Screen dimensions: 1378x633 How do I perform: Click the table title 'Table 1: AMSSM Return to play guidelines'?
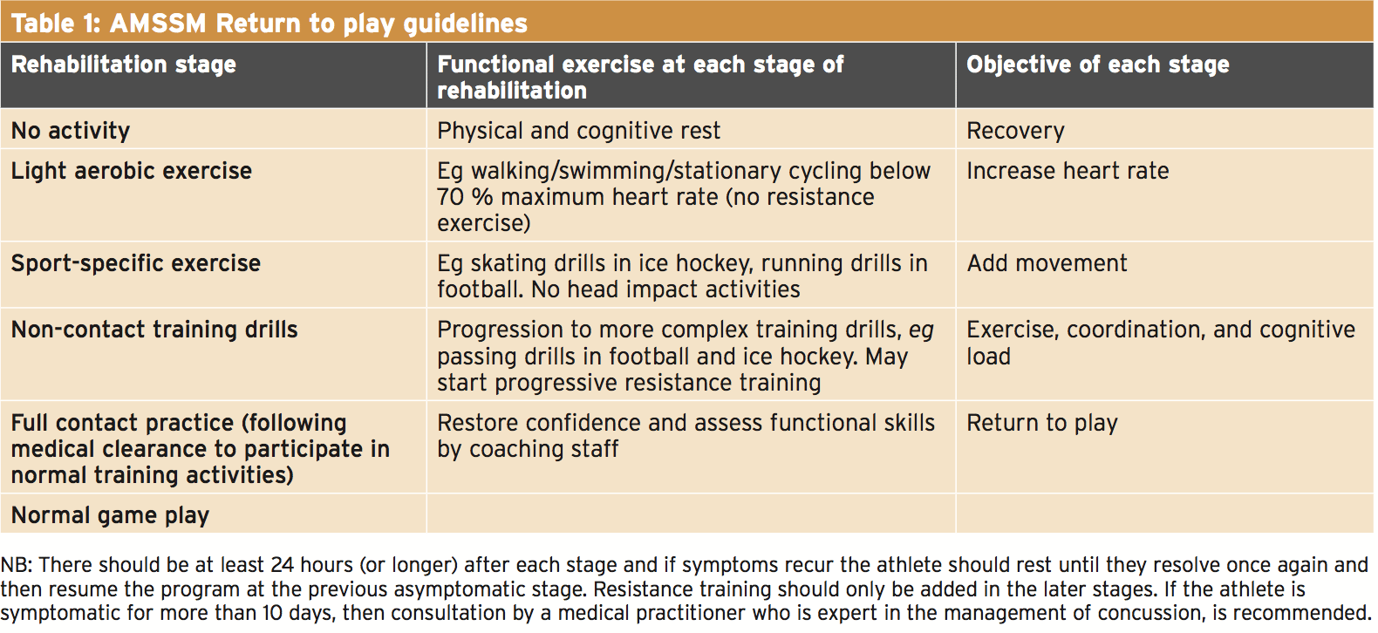[269, 24]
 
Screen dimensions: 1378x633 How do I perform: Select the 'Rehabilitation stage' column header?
[124, 65]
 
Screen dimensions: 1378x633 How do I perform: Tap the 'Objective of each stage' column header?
[1097, 65]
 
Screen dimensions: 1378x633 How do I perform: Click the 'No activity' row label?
[71, 131]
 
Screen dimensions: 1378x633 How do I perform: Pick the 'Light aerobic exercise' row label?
[132, 170]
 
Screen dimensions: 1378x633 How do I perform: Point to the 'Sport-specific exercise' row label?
[136, 263]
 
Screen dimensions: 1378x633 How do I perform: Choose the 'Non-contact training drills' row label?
[154, 330]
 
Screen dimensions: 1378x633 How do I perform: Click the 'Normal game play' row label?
[110, 515]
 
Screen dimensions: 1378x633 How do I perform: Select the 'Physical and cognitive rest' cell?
[578, 131]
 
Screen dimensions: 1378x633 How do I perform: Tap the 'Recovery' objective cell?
[1015, 131]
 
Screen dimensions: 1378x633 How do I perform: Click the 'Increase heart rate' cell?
[1068, 170]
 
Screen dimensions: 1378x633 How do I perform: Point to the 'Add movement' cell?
[1047, 263]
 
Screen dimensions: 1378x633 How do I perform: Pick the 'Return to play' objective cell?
[1042, 423]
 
